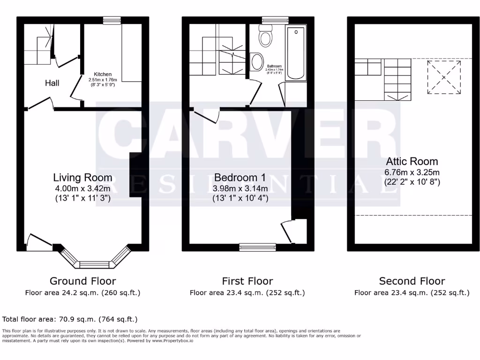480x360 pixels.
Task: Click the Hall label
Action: coord(52,83)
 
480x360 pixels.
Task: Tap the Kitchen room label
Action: coord(103,75)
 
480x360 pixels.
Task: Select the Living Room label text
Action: coord(82,178)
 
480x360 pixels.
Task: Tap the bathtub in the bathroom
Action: coord(296,54)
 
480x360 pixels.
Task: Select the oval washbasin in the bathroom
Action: coord(257,61)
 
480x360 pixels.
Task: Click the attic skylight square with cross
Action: coord(442,77)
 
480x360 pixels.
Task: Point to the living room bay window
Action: coord(95,261)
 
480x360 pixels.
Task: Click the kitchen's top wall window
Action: coord(112,20)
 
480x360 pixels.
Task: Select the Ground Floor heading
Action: coord(82,281)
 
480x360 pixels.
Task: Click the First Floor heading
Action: coord(247,281)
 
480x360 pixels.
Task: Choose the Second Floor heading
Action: coord(412,281)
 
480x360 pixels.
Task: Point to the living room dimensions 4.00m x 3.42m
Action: coord(82,188)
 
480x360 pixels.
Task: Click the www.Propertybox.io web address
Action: coord(172,341)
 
